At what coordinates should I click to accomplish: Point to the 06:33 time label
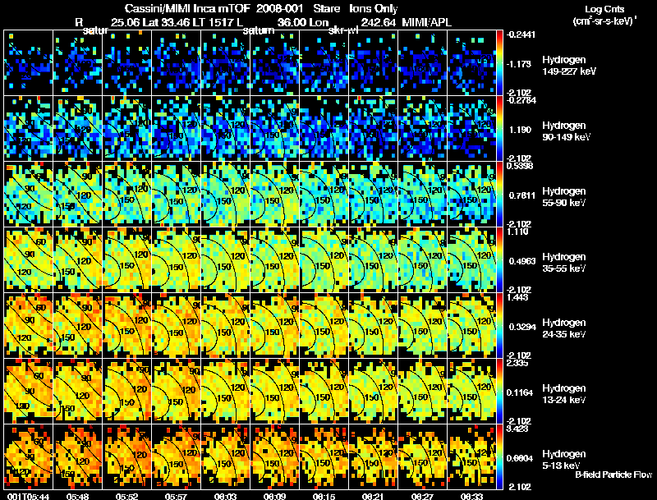[471, 496]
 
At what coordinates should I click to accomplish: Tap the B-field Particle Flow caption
[613, 475]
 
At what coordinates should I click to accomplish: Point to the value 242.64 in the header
[378, 21]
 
